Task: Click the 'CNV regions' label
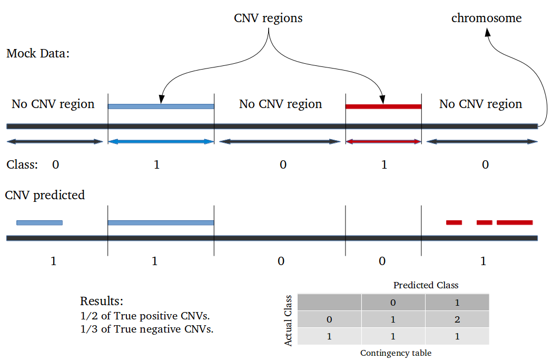point(268,18)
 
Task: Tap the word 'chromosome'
point(487,18)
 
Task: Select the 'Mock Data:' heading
point(38,54)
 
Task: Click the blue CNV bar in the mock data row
point(161,106)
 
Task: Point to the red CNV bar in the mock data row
point(383,106)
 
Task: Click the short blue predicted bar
point(40,222)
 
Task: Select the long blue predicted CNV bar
point(161,222)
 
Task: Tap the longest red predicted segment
point(515,222)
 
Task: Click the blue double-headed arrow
point(161,142)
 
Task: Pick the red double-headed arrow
point(383,142)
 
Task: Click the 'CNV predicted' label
point(45,195)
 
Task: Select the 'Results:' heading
point(102,301)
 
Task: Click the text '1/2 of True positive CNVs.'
point(145,316)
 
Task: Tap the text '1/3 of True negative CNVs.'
point(147,329)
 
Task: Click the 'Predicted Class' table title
point(426,285)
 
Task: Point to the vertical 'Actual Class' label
point(288,320)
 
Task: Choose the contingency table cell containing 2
point(457,319)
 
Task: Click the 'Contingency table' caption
point(396,353)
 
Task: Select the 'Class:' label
point(22,165)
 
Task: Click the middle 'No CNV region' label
point(281,104)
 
